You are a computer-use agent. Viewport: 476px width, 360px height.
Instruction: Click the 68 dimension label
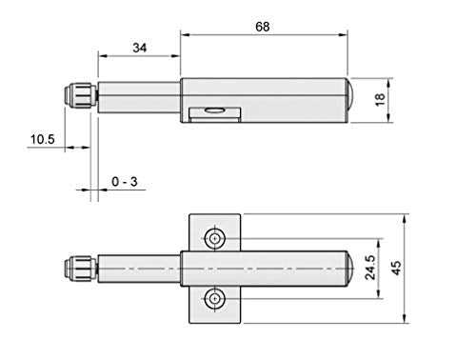263,27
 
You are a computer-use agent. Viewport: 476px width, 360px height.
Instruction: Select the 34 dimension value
140,48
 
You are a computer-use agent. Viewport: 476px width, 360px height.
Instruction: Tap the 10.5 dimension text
43,139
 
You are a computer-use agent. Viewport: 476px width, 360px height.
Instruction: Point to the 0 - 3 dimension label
125,182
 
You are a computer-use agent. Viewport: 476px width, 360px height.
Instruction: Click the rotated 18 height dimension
380,100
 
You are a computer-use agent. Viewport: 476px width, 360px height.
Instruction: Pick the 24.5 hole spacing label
370,268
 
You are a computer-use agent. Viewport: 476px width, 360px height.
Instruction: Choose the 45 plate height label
396,268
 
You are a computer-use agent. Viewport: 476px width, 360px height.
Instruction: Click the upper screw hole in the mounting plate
215,238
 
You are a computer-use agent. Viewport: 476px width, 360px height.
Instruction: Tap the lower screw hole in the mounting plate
215,299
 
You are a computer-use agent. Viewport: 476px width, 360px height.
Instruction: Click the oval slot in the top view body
214,110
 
